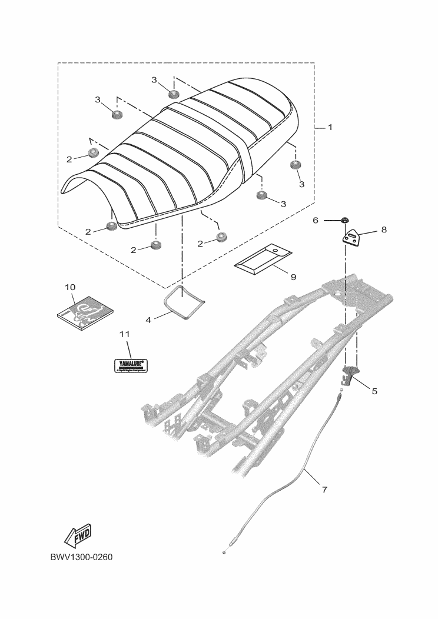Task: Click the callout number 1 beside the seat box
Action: pyautogui.click(x=330, y=127)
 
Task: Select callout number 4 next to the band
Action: pyautogui.click(x=148, y=320)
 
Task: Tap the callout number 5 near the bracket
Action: pyautogui.click(x=374, y=390)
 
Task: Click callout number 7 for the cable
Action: pyautogui.click(x=323, y=488)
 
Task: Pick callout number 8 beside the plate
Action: pyautogui.click(x=384, y=230)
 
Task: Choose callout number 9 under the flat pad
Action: pyautogui.click(x=293, y=276)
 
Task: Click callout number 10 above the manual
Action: pyautogui.click(x=70, y=287)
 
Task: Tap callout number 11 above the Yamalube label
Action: pyautogui.click(x=124, y=334)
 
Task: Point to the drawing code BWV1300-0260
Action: pyautogui.click(x=81, y=557)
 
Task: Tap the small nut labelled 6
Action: pyautogui.click(x=344, y=221)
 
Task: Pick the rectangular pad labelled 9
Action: pyautogui.click(x=263, y=259)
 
